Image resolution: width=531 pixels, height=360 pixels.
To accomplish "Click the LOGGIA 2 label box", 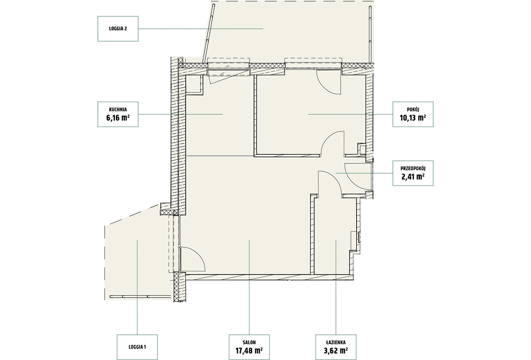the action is coord(118,29).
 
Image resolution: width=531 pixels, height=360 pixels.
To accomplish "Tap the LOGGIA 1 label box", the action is coord(137,347).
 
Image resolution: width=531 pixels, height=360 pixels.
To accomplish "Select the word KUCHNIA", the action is coord(118,109).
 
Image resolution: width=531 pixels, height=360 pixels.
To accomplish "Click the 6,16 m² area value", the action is coord(118,118).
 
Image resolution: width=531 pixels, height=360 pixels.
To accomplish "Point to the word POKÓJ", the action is coord(413,109).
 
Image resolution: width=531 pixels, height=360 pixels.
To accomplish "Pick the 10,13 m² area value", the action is coord(413,118).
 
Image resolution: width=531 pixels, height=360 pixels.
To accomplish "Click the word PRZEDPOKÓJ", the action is coord(413,168).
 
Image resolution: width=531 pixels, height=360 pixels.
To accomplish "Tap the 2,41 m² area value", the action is coord(413,177).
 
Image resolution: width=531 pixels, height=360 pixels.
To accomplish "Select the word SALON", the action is coord(249,342).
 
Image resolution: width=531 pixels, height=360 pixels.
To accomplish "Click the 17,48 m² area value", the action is coord(249,351).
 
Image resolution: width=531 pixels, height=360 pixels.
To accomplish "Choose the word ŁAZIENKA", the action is coord(336,342).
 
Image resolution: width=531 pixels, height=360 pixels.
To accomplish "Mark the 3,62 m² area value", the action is coord(336,351).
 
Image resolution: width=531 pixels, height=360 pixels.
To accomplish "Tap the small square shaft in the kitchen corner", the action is coord(193,84).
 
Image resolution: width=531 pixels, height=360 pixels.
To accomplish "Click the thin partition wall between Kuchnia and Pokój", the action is coord(255,116).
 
